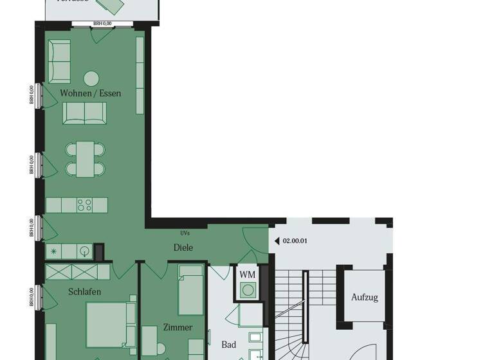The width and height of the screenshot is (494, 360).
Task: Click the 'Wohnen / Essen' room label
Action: (x=91, y=93)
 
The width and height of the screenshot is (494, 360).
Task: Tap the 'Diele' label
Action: (x=183, y=248)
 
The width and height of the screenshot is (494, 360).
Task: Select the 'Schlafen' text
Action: (x=85, y=292)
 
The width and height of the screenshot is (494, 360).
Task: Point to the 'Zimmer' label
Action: (x=178, y=327)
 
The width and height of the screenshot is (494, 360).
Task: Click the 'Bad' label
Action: (x=229, y=345)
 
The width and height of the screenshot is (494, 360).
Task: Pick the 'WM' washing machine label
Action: (x=248, y=274)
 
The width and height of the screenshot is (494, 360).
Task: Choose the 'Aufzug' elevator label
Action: (x=365, y=298)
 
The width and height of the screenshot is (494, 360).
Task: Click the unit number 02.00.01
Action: (x=296, y=241)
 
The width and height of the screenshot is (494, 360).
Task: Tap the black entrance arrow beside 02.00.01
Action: (x=277, y=241)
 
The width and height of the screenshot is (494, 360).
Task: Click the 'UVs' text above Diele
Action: (x=185, y=233)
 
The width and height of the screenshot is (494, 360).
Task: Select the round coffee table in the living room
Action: (x=91, y=78)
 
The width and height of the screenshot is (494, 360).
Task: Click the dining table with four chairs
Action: (x=85, y=159)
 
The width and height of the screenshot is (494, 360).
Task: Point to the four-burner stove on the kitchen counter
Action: (x=85, y=205)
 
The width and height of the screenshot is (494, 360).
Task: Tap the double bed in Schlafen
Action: (x=111, y=325)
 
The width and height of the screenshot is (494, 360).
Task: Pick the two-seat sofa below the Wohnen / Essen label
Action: (x=85, y=113)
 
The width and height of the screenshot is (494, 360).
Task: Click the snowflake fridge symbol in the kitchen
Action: (x=54, y=251)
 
